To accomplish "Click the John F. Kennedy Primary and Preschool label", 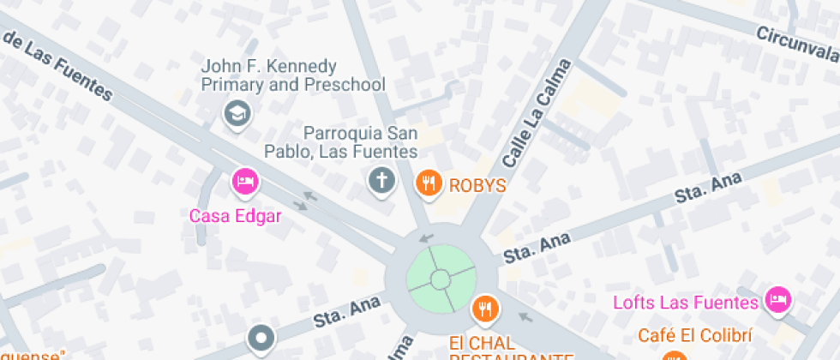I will pyautogui.click(x=292, y=75).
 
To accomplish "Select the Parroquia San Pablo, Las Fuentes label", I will pyautogui.click(x=360, y=142).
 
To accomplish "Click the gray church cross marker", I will pyautogui.click(x=381, y=181).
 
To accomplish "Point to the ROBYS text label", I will pyautogui.click(x=477, y=184).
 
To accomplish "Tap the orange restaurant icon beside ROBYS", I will pyautogui.click(x=429, y=182).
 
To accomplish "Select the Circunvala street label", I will pyautogui.click(x=796, y=43).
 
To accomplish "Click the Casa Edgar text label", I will pyautogui.click(x=235, y=215).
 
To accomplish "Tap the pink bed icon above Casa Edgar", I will pyautogui.click(x=245, y=181).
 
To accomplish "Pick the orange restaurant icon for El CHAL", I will pyautogui.click(x=484, y=307).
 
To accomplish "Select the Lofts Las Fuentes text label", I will pyautogui.click(x=686, y=303).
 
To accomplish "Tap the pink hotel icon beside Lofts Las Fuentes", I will pyautogui.click(x=779, y=299).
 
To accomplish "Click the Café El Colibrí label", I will pyautogui.click(x=694, y=335).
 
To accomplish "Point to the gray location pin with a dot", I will pyautogui.click(x=261, y=337).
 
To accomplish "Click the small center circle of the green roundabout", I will pyautogui.click(x=441, y=279).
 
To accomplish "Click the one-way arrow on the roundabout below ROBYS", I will pyautogui.click(x=426, y=237).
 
